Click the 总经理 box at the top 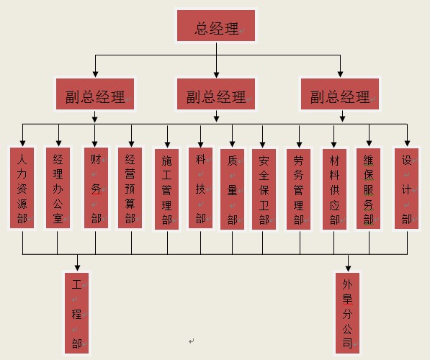216,26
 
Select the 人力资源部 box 22,188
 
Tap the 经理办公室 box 58,188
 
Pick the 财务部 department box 96,188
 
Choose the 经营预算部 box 130,188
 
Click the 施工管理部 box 166,189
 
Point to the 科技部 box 200,188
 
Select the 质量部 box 232,189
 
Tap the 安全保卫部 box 264,189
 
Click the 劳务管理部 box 298,189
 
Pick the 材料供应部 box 334,189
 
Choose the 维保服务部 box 368,189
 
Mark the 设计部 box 406,189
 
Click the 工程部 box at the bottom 77,313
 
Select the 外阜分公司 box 347,313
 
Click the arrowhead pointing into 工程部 77,268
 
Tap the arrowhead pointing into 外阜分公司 349,268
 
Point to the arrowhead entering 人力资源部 23,143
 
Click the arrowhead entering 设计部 407,143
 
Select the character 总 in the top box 202,28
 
